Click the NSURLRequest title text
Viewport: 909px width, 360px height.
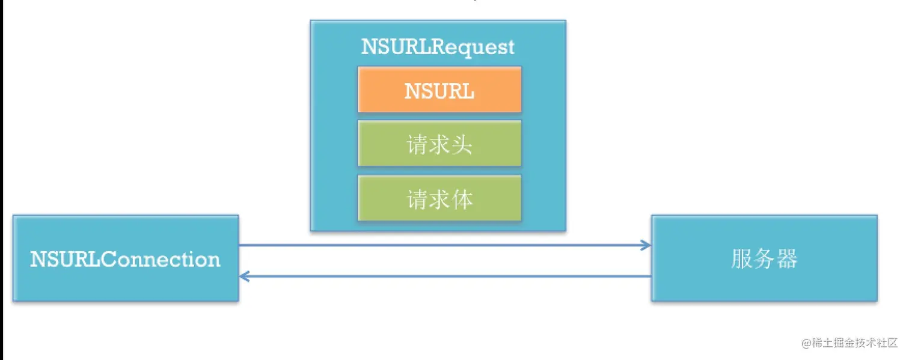[x=438, y=47]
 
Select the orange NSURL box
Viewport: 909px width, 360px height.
[x=439, y=90]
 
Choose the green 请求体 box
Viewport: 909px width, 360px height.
[x=439, y=198]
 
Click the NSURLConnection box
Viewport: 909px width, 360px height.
[x=126, y=258]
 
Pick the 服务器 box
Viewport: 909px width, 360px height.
[x=764, y=258]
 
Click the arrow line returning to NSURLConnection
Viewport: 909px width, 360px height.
[x=445, y=276]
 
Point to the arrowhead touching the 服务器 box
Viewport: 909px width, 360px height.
[x=646, y=245]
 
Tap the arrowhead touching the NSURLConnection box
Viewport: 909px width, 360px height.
[x=243, y=276]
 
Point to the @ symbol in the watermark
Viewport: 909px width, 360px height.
[x=806, y=343]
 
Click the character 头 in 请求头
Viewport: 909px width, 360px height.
[x=462, y=144]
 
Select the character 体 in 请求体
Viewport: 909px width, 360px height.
[x=462, y=198]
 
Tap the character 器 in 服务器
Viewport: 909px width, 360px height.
[x=786, y=259]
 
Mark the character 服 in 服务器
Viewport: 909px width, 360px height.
[x=742, y=259]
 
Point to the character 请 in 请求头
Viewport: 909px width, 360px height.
[x=417, y=144]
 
